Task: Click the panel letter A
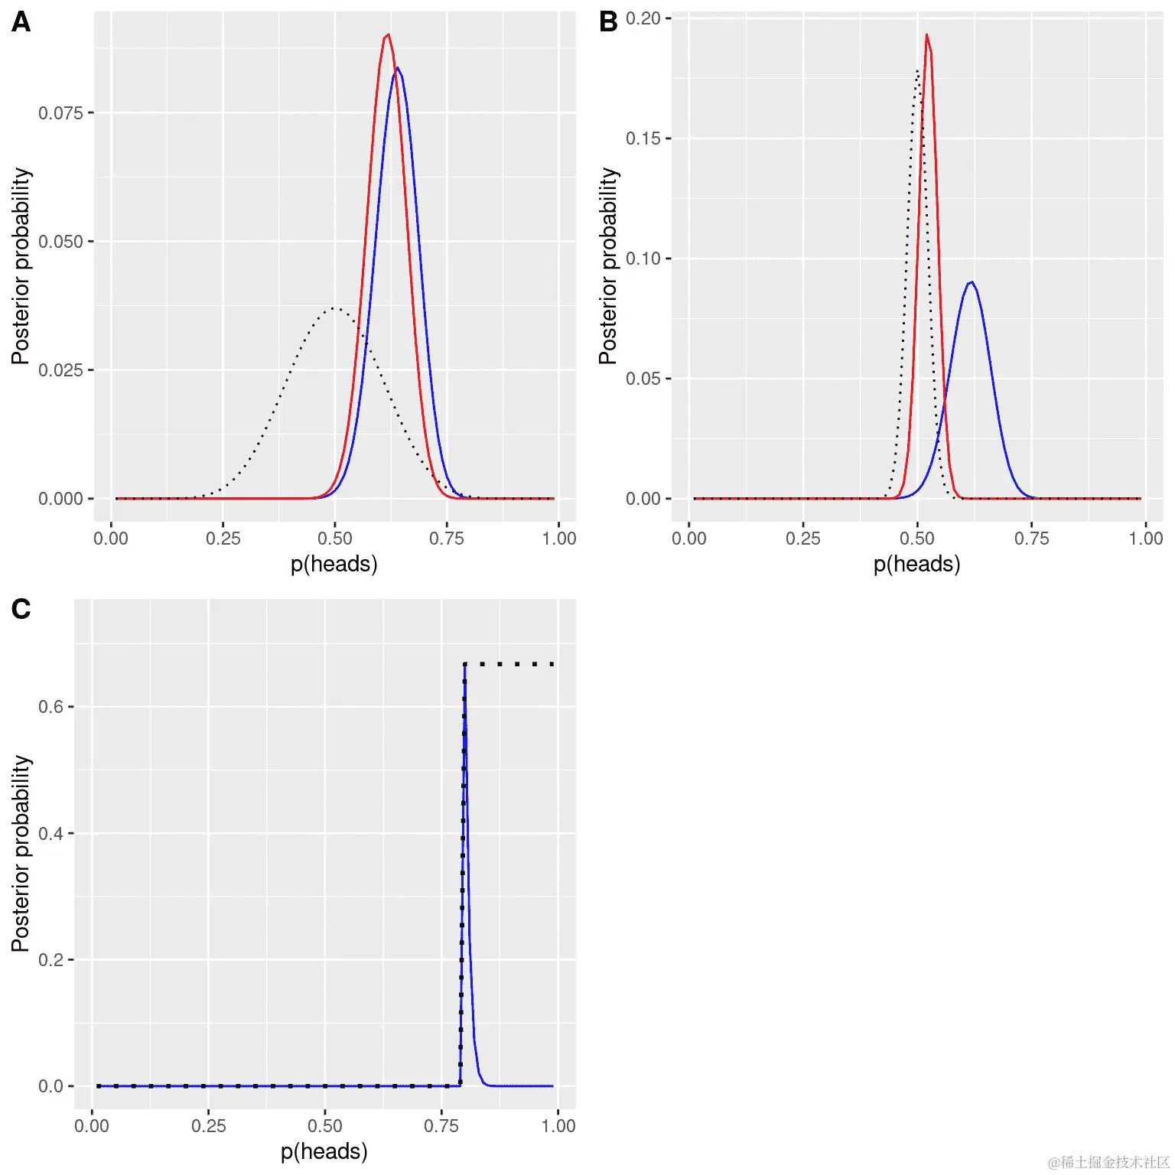pyautogui.click(x=21, y=22)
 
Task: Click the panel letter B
pyautogui.click(x=608, y=22)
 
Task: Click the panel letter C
pyautogui.click(x=21, y=609)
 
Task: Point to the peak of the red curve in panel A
pyautogui.click(x=389, y=35)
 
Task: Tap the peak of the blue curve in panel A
pyautogui.click(x=398, y=68)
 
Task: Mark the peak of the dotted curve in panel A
pyautogui.click(x=334, y=308)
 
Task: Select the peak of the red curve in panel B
pyautogui.click(x=926, y=34)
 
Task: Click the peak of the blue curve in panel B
pyautogui.click(x=972, y=282)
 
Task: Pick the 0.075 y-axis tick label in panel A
pyautogui.click(x=60, y=113)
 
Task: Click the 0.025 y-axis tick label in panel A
pyautogui.click(x=60, y=370)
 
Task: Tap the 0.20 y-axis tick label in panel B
pyautogui.click(x=643, y=18)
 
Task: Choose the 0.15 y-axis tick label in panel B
pyautogui.click(x=643, y=138)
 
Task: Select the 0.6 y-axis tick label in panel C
pyautogui.click(x=50, y=707)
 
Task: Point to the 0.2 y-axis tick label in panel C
pyautogui.click(x=50, y=959)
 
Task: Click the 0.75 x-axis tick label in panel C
pyautogui.click(x=441, y=1126)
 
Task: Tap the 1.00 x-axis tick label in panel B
pyautogui.click(x=1145, y=539)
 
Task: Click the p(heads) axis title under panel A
pyautogui.click(x=334, y=565)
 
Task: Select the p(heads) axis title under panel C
pyautogui.click(x=324, y=1152)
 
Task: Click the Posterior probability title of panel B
pyautogui.click(x=608, y=265)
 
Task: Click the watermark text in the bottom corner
pyautogui.click(x=1108, y=1163)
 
